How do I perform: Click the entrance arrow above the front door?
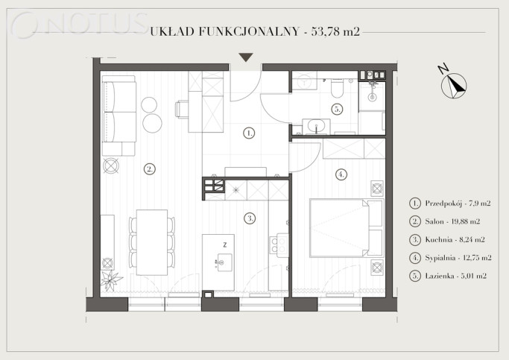pyautogui.click(x=246, y=57)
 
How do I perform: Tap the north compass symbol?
pyautogui.click(x=454, y=86)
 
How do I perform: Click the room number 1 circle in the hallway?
pyautogui.click(x=249, y=133)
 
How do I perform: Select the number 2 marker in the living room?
pyautogui.click(x=149, y=168)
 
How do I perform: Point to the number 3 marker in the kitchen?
pyautogui.click(x=250, y=218)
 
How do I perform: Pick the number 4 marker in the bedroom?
pyautogui.click(x=341, y=174)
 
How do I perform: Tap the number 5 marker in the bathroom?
pyautogui.click(x=338, y=109)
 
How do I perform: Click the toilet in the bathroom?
pyautogui.click(x=337, y=88)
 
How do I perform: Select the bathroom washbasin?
pyautogui.click(x=316, y=126)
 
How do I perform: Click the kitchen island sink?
pyautogui.click(x=224, y=262)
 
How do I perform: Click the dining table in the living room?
pyautogui.click(x=151, y=242)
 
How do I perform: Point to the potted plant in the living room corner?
pyautogui.click(x=110, y=280)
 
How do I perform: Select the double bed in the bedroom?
pyautogui.click(x=347, y=228)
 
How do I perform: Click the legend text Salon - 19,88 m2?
pyautogui.click(x=452, y=221)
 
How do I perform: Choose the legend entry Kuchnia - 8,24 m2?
pyautogui.click(x=455, y=239)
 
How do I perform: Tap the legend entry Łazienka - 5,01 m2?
pyautogui.click(x=456, y=276)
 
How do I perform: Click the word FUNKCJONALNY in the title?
pyautogui.click(x=248, y=31)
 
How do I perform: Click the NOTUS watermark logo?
pyautogui.click(x=80, y=25)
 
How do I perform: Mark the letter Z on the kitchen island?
pyautogui.click(x=224, y=244)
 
